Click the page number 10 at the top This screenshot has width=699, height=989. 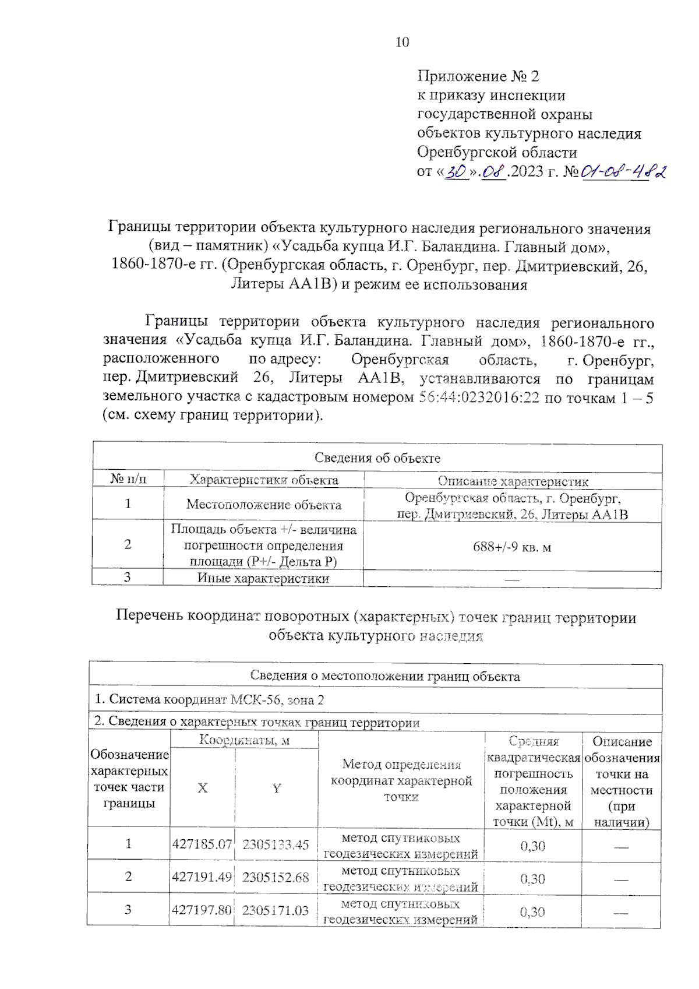402,42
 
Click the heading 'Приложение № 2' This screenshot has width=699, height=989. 478,76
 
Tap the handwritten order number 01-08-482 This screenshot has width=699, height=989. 624,171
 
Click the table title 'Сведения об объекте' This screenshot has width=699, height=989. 377,458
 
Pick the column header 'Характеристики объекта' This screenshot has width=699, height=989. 264,480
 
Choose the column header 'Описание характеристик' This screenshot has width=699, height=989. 513,481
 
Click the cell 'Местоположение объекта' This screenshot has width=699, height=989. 264,505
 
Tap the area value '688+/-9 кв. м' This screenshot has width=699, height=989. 512,547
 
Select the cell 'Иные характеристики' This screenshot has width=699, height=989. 263,579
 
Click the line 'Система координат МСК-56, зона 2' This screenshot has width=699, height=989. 210,700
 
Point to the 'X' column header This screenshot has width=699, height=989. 202,788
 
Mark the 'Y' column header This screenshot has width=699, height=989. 277,789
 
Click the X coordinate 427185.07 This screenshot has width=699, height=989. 202,844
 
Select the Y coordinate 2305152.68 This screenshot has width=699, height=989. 276,878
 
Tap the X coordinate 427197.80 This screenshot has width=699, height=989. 202,910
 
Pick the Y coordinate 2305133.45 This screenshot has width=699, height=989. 276,844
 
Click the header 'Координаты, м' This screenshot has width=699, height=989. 244,741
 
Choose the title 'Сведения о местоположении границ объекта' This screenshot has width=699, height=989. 384,676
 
